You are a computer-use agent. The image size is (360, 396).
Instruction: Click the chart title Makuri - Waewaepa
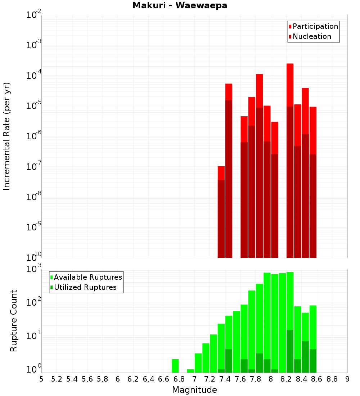coord(180,6)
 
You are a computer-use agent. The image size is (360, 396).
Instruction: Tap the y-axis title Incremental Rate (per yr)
coord(7,136)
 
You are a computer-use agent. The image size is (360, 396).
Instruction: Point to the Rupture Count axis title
coord(14,320)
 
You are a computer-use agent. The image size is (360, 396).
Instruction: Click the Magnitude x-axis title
coord(194,390)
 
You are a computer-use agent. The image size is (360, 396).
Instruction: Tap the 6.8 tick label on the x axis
coord(179,379)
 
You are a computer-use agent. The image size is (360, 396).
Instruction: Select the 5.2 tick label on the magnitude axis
coord(57,379)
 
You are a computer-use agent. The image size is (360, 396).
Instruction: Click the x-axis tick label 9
coord(347,379)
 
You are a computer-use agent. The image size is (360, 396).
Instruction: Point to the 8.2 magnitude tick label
coord(286,379)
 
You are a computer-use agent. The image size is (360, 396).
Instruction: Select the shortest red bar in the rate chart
coord(221,173)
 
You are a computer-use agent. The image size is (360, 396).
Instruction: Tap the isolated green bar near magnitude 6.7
coord(175,366)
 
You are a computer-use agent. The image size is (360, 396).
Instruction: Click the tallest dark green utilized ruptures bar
coord(290,351)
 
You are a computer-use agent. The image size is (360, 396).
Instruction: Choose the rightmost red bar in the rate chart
coord(313,130)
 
